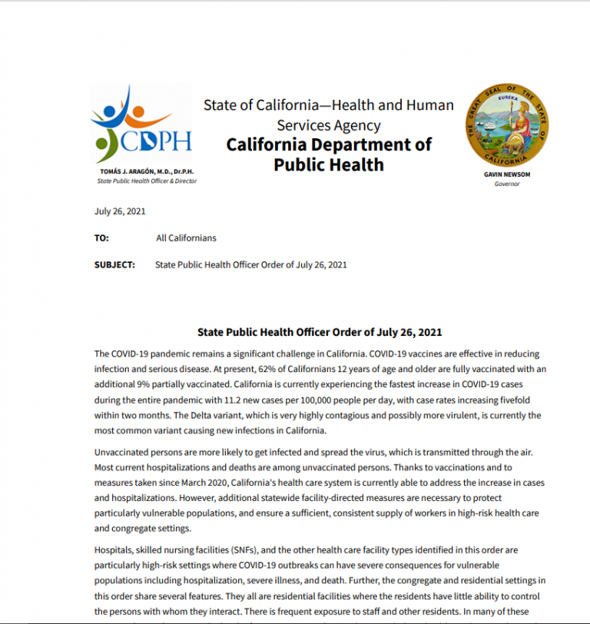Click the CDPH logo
point(141,128)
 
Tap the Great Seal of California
point(506,127)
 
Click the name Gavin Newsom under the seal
point(506,174)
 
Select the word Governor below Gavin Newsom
point(506,184)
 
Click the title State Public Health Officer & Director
point(147,181)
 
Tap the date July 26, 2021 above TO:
point(120,211)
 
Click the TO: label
point(101,238)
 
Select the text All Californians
point(186,238)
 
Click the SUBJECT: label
point(114,265)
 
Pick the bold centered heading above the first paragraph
point(320,333)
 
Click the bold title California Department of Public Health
point(329,154)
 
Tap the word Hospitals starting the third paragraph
point(114,550)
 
